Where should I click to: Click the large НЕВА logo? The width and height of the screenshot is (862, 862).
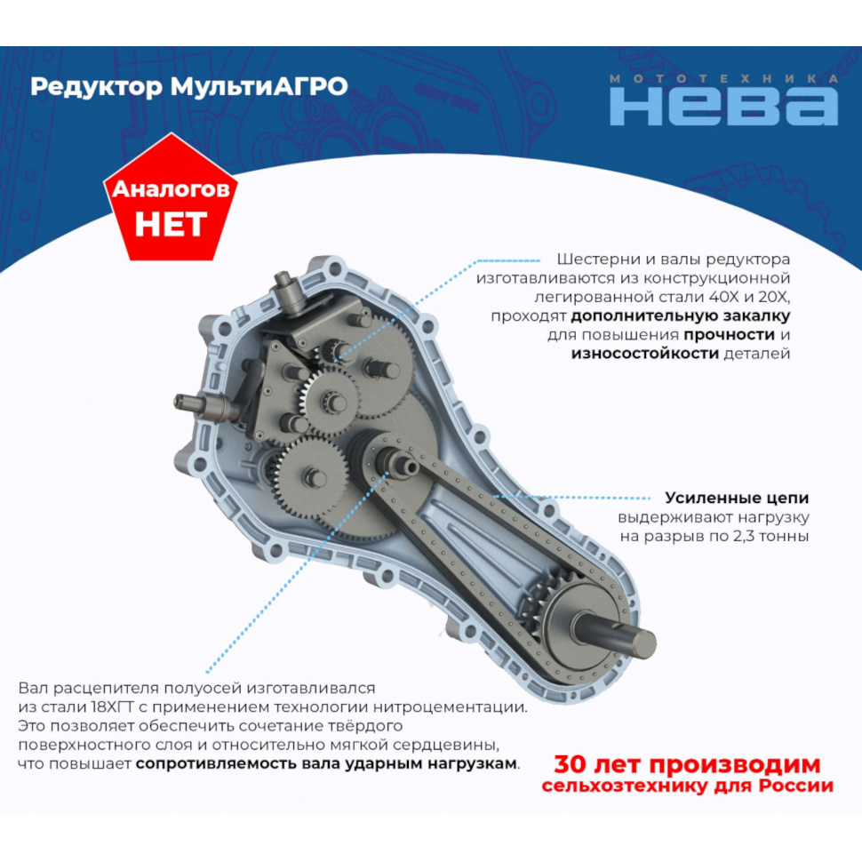click(x=723, y=106)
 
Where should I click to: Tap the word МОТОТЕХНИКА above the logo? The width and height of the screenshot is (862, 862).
click(x=724, y=78)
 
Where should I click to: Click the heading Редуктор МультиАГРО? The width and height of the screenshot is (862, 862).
click(x=189, y=87)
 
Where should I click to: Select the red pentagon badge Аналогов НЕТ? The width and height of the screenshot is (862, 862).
click(x=171, y=198)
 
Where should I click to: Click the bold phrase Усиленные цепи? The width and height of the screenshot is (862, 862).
click(x=737, y=498)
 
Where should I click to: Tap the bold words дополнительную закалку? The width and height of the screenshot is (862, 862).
click(x=680, y=316)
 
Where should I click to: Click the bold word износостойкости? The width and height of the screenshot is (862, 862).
click(x=645, y=354)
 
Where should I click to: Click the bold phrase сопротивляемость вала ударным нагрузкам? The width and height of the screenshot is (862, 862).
click(x=326, y=763)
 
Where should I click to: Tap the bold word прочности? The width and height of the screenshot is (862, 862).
click(x=729, y=335)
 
